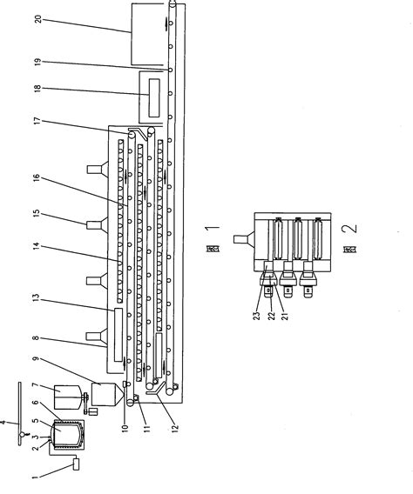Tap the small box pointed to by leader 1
(x=77, y=464)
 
